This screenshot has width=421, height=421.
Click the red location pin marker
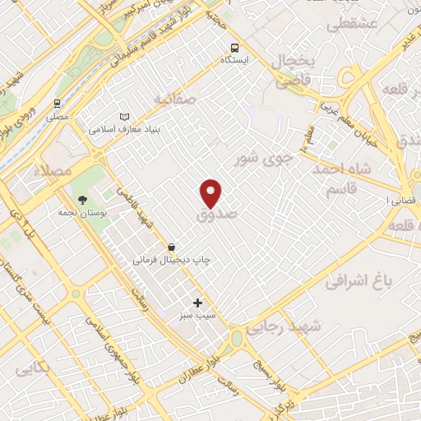[211, 192]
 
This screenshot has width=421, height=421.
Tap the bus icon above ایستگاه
[236, 48]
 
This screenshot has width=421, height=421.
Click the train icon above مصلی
[57, 104]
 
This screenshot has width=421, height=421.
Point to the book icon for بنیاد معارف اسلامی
[124, 117]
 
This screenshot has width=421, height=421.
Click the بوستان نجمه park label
[80, 212]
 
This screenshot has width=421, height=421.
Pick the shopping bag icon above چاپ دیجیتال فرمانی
[171, 247]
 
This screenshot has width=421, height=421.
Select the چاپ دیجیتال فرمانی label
[172, 259]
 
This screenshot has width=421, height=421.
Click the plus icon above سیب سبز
[197, 303]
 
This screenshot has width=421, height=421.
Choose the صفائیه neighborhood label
[174, 99]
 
